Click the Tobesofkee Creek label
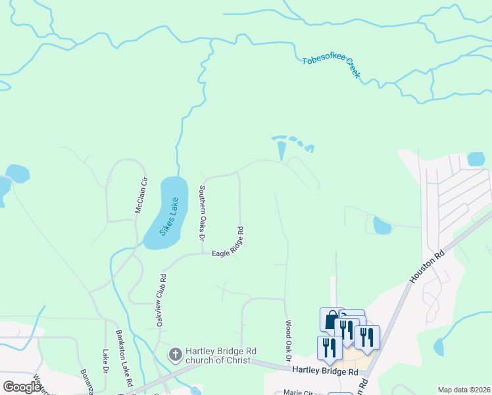click(332, 67)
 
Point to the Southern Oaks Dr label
click(202, 212)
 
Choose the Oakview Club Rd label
click(160, 300)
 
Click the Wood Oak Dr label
click(288, 339)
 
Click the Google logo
click(22, 386)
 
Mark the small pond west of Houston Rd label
click(381, 226)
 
